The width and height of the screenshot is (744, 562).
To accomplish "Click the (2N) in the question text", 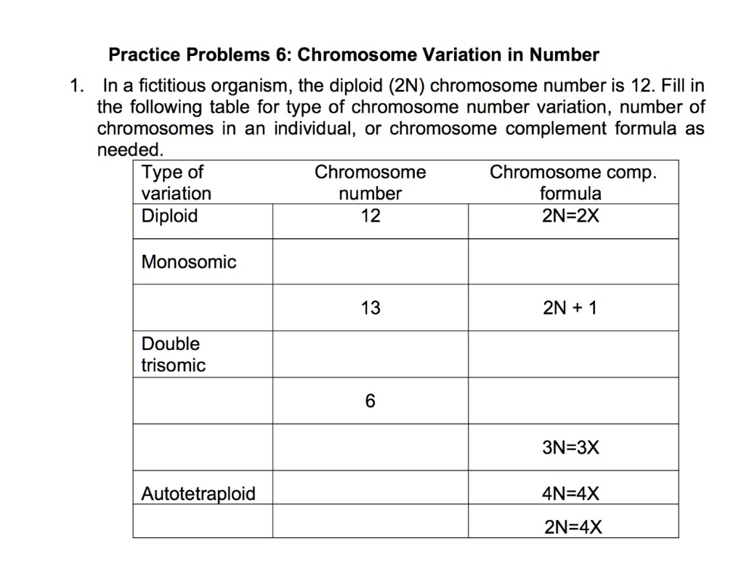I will pyautogui.click(x=408, y=86).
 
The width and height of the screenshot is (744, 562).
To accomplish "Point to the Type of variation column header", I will pyautogui.click(x=177, y=183).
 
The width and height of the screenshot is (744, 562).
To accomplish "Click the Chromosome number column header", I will pyautogui.click(x=370, y=183).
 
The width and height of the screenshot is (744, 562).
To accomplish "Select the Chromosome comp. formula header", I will pyautogui.click(x=573, y=183).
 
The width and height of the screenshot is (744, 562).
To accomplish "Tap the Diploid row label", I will pyautogui.click(x=169, y=216).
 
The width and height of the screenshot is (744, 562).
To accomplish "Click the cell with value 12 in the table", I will pyautogui.click(x=370, y=216).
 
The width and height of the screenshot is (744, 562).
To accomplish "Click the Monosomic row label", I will pyautogui.click(x=189, y=262).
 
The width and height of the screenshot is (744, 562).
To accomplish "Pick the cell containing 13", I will pyautogui.click(x=370, y=309).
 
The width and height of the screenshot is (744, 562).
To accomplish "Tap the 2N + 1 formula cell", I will pyautogui.click(x=570, y=309).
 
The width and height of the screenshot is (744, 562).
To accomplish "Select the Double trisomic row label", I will pyautogui.click(x=174, y=354).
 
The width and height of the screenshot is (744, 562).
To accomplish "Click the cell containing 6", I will pyautogui.click(x=370, y=402).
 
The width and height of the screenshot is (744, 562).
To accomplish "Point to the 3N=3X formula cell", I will pyautogui.click(x=571, y=448).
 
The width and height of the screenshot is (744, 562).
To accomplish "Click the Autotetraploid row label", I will pyautogui.click(x=198, y=494).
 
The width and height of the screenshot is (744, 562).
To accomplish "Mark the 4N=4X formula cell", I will pyautogui.click(x=571, y=494).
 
